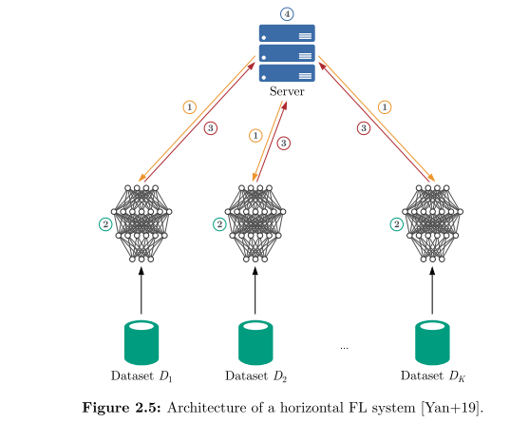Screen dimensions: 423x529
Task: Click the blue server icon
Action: (x=287, y=52)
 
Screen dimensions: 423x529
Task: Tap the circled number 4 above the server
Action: (x=287, y=13)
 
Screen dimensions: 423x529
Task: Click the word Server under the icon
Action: (x=287, y=90)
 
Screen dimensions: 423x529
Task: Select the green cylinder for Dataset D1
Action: (x=142, y=341)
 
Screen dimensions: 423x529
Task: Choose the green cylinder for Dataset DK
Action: (x=433, y=341)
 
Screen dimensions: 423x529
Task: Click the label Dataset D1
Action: (x=141, y=376)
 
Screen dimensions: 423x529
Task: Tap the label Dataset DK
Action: (x=433, y=376)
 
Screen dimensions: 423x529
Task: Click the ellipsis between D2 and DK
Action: (x=344, y=348)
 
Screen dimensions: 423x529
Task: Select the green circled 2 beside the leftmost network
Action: (x=104, y=224)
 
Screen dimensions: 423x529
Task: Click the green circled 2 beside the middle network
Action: (x=219, y=224)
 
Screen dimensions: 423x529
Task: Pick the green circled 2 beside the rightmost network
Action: (x=396, y=224)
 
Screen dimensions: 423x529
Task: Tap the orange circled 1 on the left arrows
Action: (x=190, y=106)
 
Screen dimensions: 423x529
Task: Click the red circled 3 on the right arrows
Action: (x=363, y=127)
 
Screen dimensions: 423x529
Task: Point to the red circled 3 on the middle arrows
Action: (x=283, y=143)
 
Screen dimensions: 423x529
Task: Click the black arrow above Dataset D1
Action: (x=142, y=290)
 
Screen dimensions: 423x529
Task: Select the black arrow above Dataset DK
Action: (x=433, y=290)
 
